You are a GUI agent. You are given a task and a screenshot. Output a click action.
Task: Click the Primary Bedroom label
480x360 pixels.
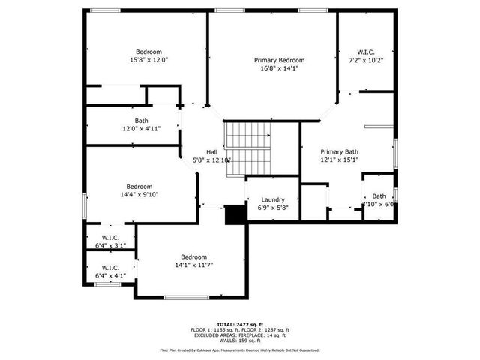coord(279,60)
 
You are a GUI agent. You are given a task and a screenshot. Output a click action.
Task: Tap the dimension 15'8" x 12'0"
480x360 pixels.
coord(148,60)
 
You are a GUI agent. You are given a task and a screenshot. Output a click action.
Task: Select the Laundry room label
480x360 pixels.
coord(272,199)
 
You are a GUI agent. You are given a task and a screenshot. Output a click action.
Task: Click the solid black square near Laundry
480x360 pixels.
coord(236,214)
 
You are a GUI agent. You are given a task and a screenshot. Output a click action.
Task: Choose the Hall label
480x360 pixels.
coord(212,151)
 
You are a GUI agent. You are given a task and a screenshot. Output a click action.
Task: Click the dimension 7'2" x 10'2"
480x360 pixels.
coord(366,60)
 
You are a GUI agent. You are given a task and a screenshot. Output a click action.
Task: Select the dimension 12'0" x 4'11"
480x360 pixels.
coord(142,128)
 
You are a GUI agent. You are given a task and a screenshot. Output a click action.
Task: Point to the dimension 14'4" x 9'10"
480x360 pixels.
coord(139,194)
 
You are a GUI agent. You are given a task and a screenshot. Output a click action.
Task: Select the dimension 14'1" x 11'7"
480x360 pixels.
coord(193,264)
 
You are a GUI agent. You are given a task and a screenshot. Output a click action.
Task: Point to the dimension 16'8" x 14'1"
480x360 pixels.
coord(279,67)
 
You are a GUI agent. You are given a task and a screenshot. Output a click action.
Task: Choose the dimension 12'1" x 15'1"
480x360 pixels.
coord(340,159)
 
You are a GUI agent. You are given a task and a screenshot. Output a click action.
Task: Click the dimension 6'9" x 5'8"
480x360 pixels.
coord(272,208)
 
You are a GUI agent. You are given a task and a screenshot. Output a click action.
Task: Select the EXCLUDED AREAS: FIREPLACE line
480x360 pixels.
coord(240,335)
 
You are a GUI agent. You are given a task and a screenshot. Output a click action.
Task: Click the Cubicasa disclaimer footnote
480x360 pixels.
coord(240,349)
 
